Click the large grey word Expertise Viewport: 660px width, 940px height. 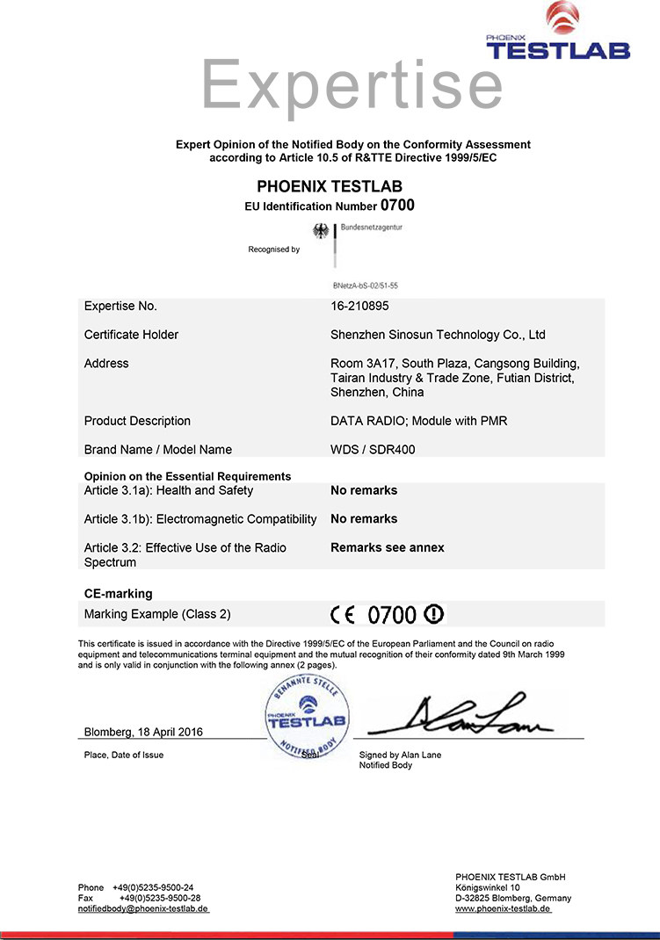(x=352, y=85)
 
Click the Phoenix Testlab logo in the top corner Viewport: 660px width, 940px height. (x=558, y=33)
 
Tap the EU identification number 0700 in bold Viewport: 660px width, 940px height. (x=396, y=206)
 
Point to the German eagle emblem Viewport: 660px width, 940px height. (x=322, y=231)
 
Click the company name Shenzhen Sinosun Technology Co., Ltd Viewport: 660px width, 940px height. (x=438, y=335)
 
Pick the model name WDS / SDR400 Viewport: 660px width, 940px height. (x=373, y=450)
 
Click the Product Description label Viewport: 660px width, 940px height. (x=137, y=421)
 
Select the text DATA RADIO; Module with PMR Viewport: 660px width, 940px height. (x=418, y=421)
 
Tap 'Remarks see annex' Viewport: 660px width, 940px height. (x=388, y=547)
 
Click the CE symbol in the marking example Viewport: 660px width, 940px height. (x=345, y=614)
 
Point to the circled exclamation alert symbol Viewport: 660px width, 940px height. (x=435, y=613)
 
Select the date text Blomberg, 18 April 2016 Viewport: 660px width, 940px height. (x=143, y=732)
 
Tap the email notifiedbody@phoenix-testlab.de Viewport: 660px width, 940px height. (x=143, y=908)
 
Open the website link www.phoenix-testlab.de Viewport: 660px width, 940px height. (x=503, y=908)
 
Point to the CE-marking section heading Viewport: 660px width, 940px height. (x=118, y=594)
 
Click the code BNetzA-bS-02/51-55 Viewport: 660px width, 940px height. (x=366, y=286)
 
